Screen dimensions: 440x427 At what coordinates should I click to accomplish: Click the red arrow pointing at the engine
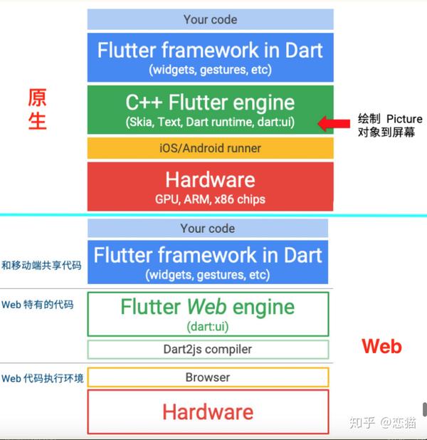[x=331, y=124]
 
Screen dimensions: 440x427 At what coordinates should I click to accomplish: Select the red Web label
[x=381, y=347]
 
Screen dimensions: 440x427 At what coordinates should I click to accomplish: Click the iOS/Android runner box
[x=210, y=148]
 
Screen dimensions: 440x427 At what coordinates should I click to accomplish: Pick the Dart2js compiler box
[x=208, y=350]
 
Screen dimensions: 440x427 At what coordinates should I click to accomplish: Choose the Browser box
[x=208, y=377]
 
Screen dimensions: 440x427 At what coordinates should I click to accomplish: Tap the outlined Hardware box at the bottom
[x=208, y=412]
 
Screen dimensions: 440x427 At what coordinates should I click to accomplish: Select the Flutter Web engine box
[x=208, y=313]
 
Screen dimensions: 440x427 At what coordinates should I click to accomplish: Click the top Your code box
[x=210, y=20]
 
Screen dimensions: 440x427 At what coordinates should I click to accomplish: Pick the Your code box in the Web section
[x=208, y=229]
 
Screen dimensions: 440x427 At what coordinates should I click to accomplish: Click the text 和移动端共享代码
[x=41, y=266]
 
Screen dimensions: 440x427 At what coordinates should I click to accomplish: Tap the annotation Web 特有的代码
[x=37, y=305]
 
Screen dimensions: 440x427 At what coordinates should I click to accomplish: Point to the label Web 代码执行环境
[x=42, y=378]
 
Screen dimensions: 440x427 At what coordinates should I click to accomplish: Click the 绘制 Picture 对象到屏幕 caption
[x=389, y=125]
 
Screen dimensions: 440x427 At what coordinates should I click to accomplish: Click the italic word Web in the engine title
[x=206, y=307]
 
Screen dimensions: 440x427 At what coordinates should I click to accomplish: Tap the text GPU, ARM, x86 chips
[x=210, y=199]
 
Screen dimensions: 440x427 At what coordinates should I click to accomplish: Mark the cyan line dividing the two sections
[x=213, y=215]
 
